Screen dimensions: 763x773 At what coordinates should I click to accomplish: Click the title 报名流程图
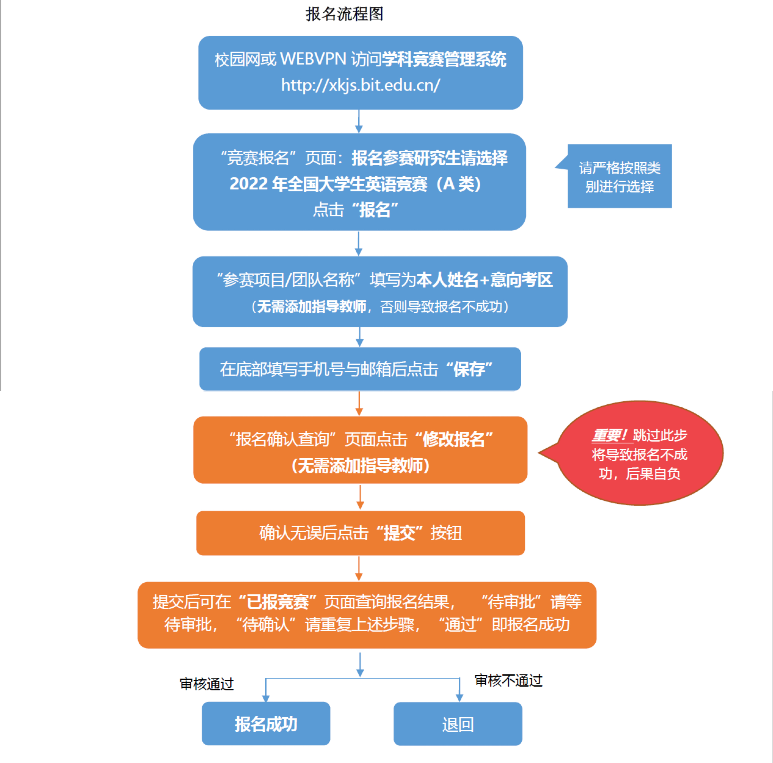pyautogui.click(x=344, y=14)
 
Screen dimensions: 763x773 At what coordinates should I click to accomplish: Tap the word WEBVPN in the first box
pyautogui.click(x=313, y=59)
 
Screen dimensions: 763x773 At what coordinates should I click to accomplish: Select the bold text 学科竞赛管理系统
pyautogui.click(x=444, y=59)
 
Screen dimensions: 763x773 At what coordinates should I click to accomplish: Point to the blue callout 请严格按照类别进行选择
pyautogui.click(x=619, y=176)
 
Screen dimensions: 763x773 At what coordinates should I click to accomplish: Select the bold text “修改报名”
pyautogui.click(x=454, y=439)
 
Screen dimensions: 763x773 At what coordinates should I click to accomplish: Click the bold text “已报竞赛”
pyautogui.click(x=277, y=602)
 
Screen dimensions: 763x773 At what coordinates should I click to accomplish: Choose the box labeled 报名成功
pyautogui.click(x=266, y=724)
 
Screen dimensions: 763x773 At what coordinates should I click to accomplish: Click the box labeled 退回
pyautogui.click(x=458, y=724)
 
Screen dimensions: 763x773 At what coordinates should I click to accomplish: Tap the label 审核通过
pyautogui.click(x=207, y=684)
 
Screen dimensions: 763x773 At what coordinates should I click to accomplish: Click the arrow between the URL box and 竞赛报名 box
pyautogui.click(x=359, y=121)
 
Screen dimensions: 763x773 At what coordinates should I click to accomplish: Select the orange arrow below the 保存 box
pyautogui.click(x=359, y=403)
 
